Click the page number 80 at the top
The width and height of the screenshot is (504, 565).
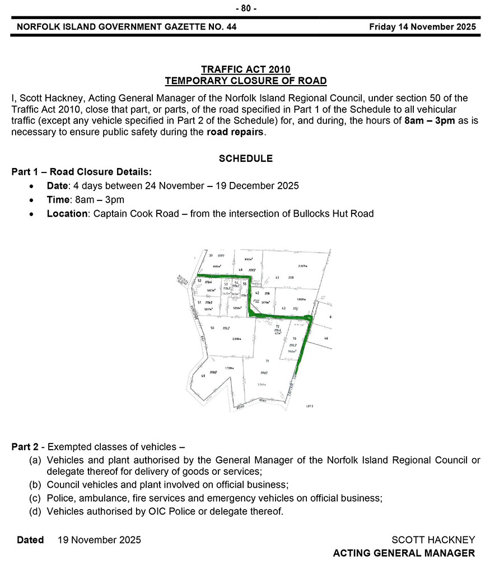coord(246,8)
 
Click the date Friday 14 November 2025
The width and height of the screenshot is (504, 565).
coord(422,27)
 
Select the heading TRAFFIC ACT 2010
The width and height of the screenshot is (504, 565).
coord(245,69)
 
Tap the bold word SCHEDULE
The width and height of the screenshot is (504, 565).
coord(245,158)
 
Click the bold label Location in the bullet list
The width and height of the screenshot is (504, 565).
coord(67,213)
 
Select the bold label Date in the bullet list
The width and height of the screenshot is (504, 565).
coord(57,186)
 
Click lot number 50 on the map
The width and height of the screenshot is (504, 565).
coord(212,328)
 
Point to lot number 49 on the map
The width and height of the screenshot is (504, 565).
coord(203,376)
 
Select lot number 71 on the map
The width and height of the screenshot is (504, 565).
coord(267,361)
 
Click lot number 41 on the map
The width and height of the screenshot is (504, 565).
coord(278,278)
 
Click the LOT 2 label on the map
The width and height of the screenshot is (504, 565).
coord(309,405)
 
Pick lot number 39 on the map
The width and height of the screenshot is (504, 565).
coord(210,256)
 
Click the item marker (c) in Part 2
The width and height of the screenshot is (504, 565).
coord(36,498)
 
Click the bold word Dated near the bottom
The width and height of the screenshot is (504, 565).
coord(30,540)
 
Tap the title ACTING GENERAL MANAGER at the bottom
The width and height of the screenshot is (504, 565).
coord(403,553)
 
